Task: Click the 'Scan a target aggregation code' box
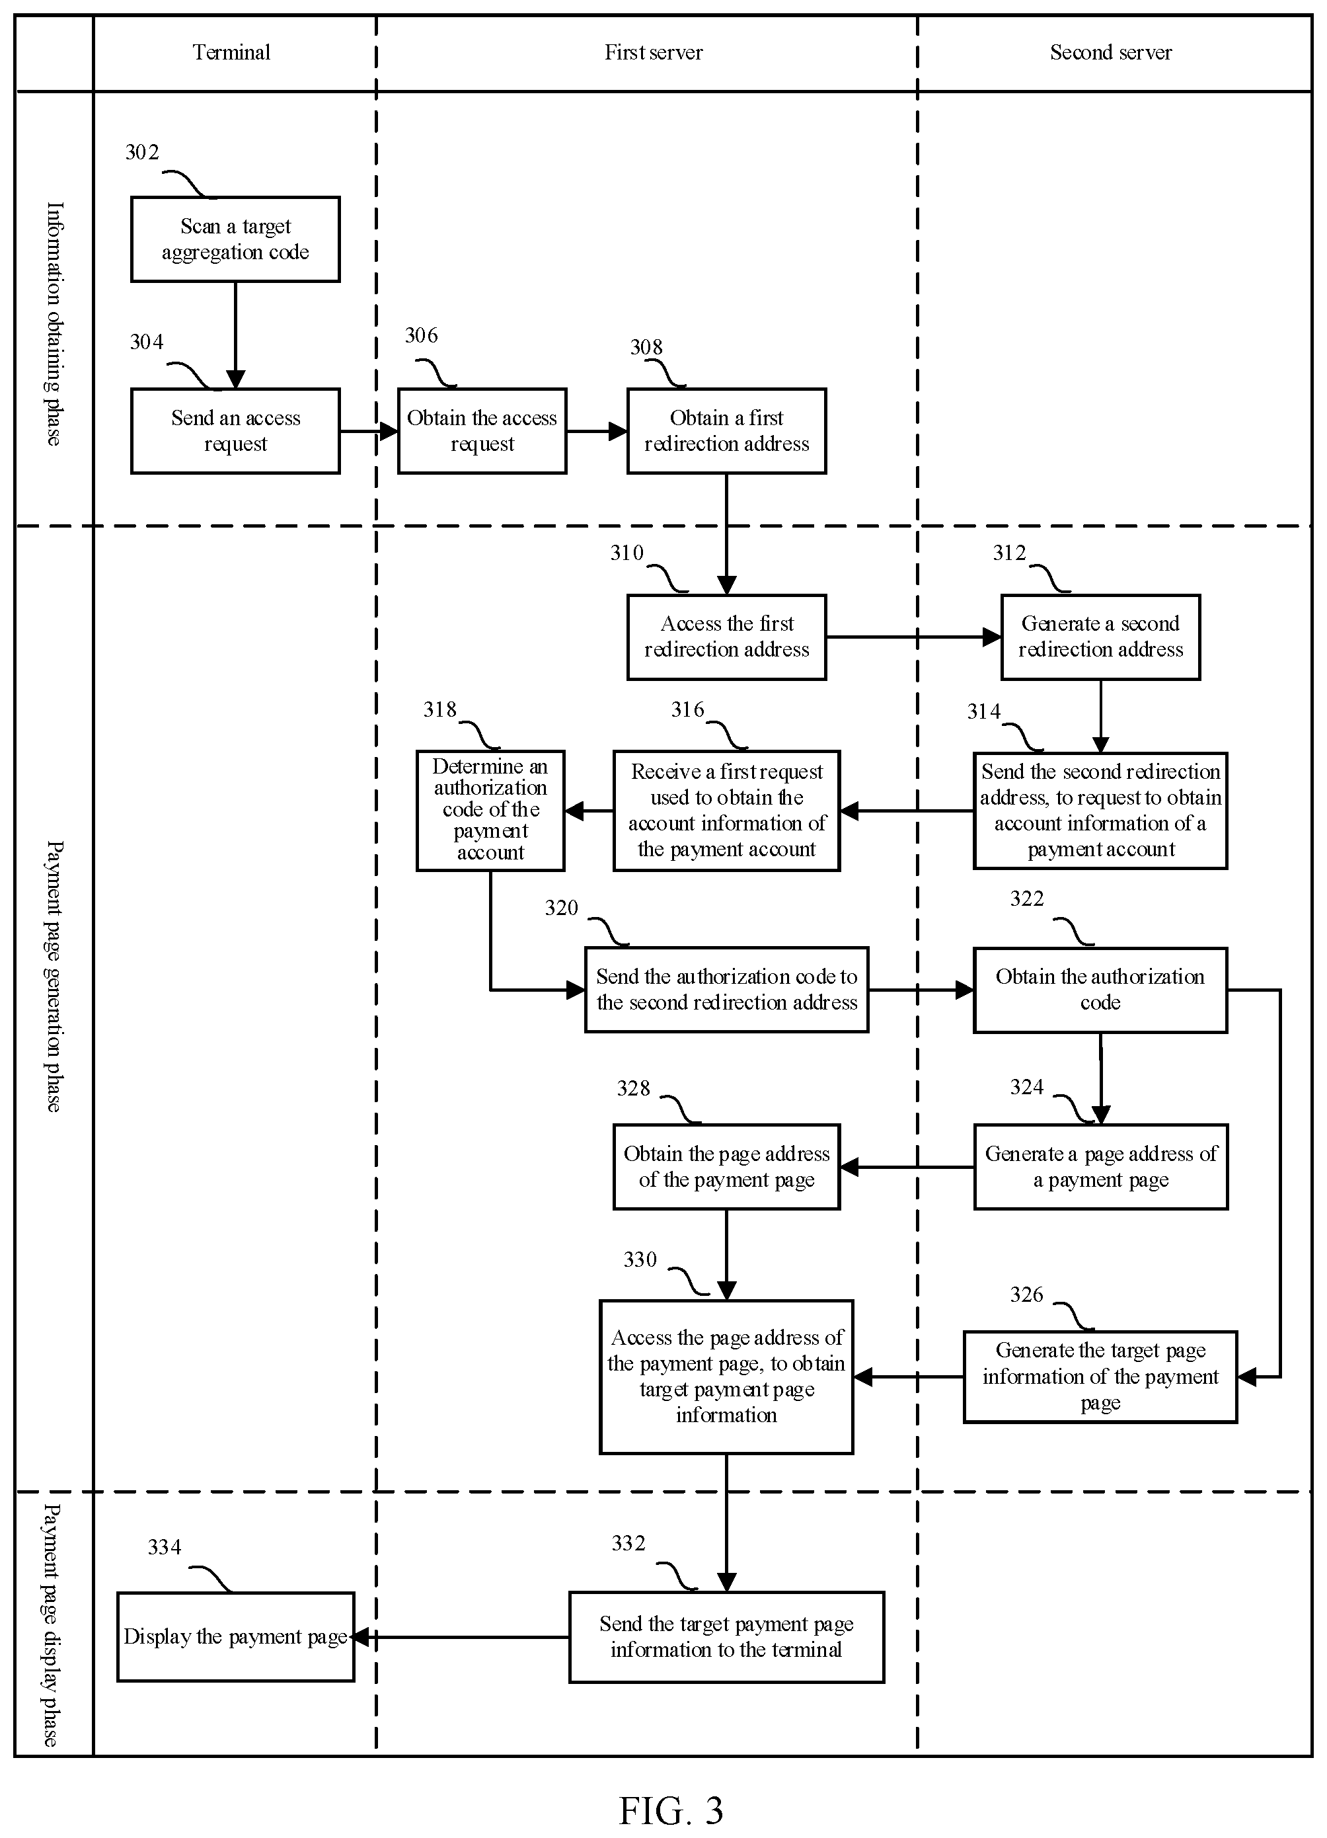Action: [x=235, y=239]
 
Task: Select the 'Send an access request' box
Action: [x=235, y=431]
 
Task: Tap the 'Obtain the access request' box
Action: [x=482, y=431]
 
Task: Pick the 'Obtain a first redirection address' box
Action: [x=727, y=431]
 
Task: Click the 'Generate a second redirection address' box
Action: [x=1100, y=637]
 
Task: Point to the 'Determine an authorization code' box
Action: [x=490, y=811]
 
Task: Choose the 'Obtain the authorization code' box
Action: [x=1100, y=990]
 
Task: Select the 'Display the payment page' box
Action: [x=236, y=1636]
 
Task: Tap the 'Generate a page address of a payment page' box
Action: [x=1100, y=1167]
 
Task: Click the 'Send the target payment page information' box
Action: [x=727, y=1637]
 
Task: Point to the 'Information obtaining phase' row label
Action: [x=54, y=323]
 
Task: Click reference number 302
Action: [x=142, y=152]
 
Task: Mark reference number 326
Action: [x=1026, y=1295]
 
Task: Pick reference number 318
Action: [x=440, y=710]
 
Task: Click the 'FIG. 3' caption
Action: [x=671, y=1810]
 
